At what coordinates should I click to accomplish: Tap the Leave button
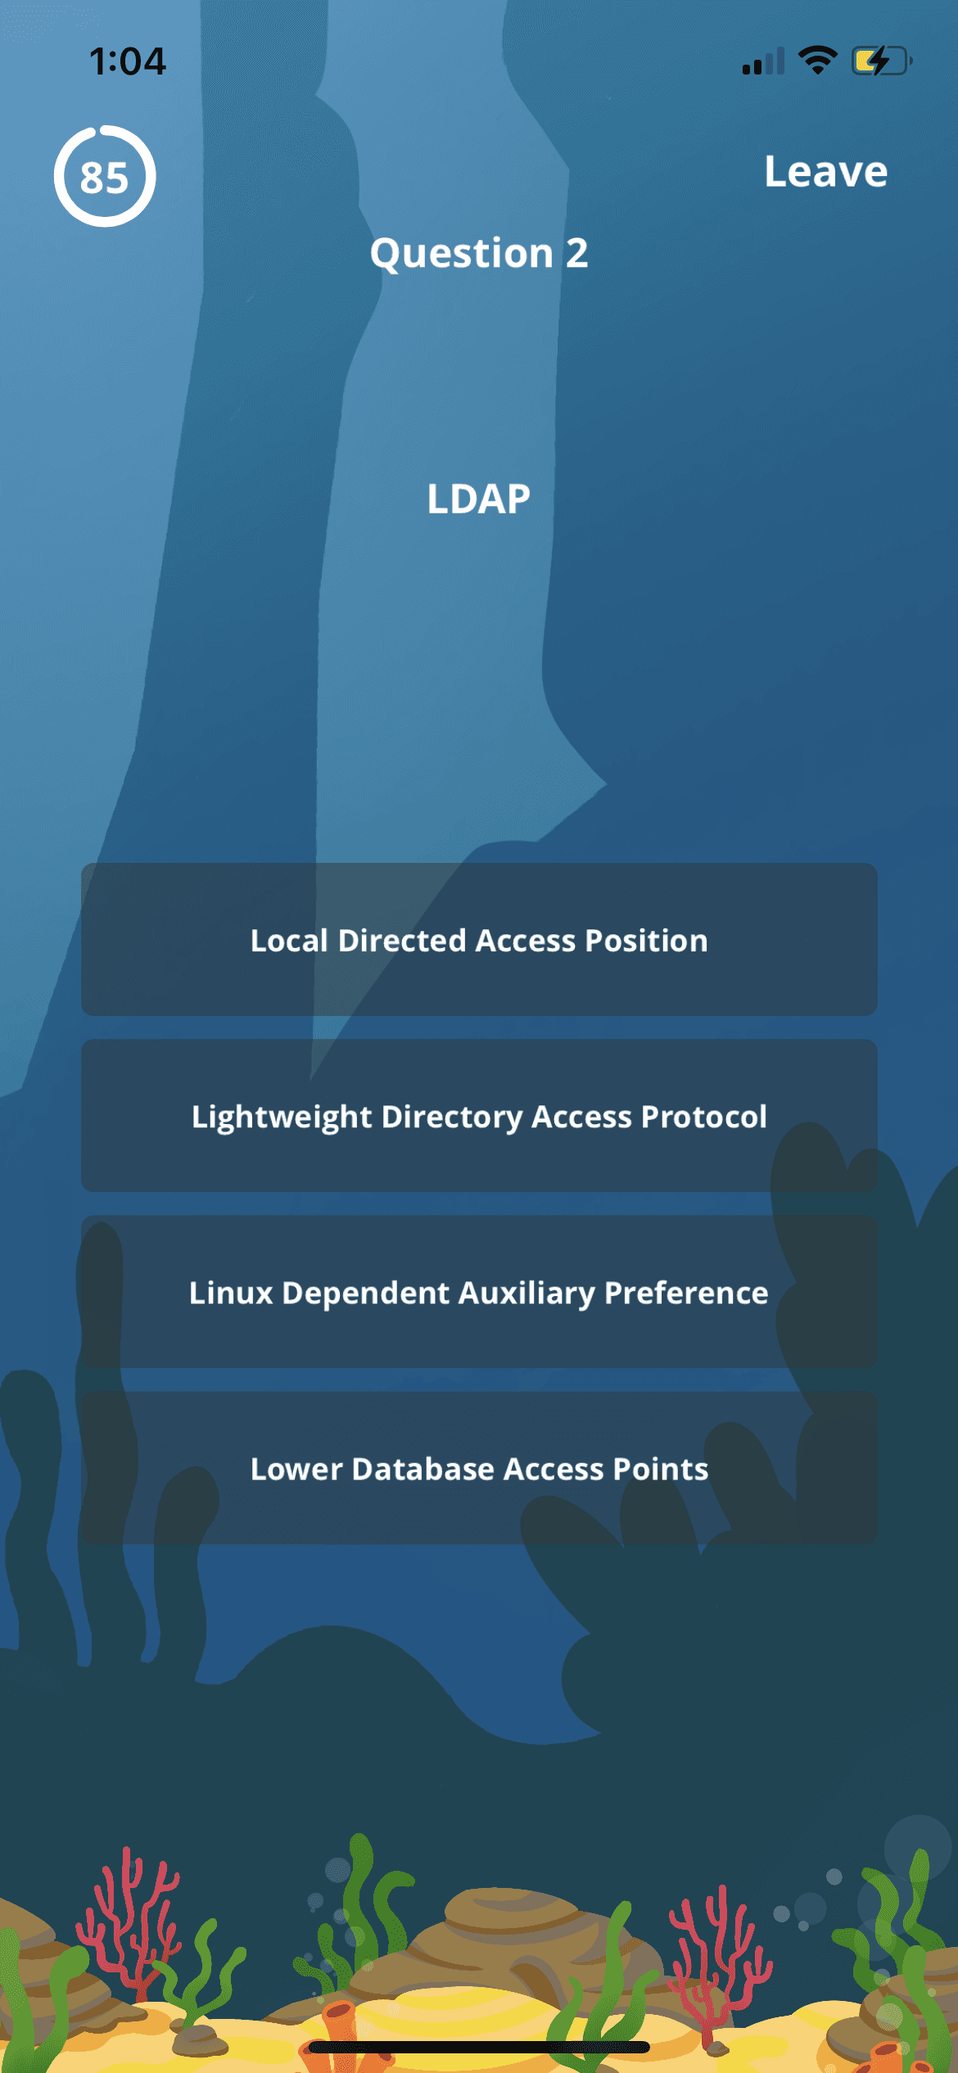[x=825, y=172]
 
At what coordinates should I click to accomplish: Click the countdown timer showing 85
[x=105, y=176]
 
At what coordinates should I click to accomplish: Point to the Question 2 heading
[x=479, y=253]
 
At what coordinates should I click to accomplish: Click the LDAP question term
[x=479, y=499]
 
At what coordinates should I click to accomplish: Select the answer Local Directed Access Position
[x=479, y=940]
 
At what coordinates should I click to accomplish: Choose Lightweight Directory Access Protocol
[x=479, y=1116]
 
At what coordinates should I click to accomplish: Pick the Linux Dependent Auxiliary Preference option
[x=479, y=1293]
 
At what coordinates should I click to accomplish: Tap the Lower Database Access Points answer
[x=479, y=1469]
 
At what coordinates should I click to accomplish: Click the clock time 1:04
[x=128, y=61]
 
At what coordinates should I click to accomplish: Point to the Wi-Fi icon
[x=817, y=61]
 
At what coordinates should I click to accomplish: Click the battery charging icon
[x=881, y=61]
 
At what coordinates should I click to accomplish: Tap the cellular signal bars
[x=763, y=61]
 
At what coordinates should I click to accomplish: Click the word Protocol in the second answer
[x=704, y=1116]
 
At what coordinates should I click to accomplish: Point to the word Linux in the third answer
[x=231, y=1293]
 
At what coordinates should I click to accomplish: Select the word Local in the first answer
[x=289, y=940]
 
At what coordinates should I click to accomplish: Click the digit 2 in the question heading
[x=577, y=253]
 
